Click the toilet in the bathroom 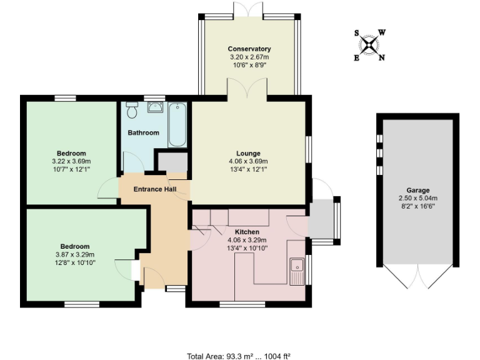131,111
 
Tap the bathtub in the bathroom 177,124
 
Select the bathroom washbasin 154,107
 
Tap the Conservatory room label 249,49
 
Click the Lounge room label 248,153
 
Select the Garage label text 417,191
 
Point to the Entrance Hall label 155,189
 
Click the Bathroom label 143,132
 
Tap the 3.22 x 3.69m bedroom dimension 71,161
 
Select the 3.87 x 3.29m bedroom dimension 74,254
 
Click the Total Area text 239,356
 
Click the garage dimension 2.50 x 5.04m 417,198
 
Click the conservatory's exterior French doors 249,11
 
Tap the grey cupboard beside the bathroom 169,161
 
